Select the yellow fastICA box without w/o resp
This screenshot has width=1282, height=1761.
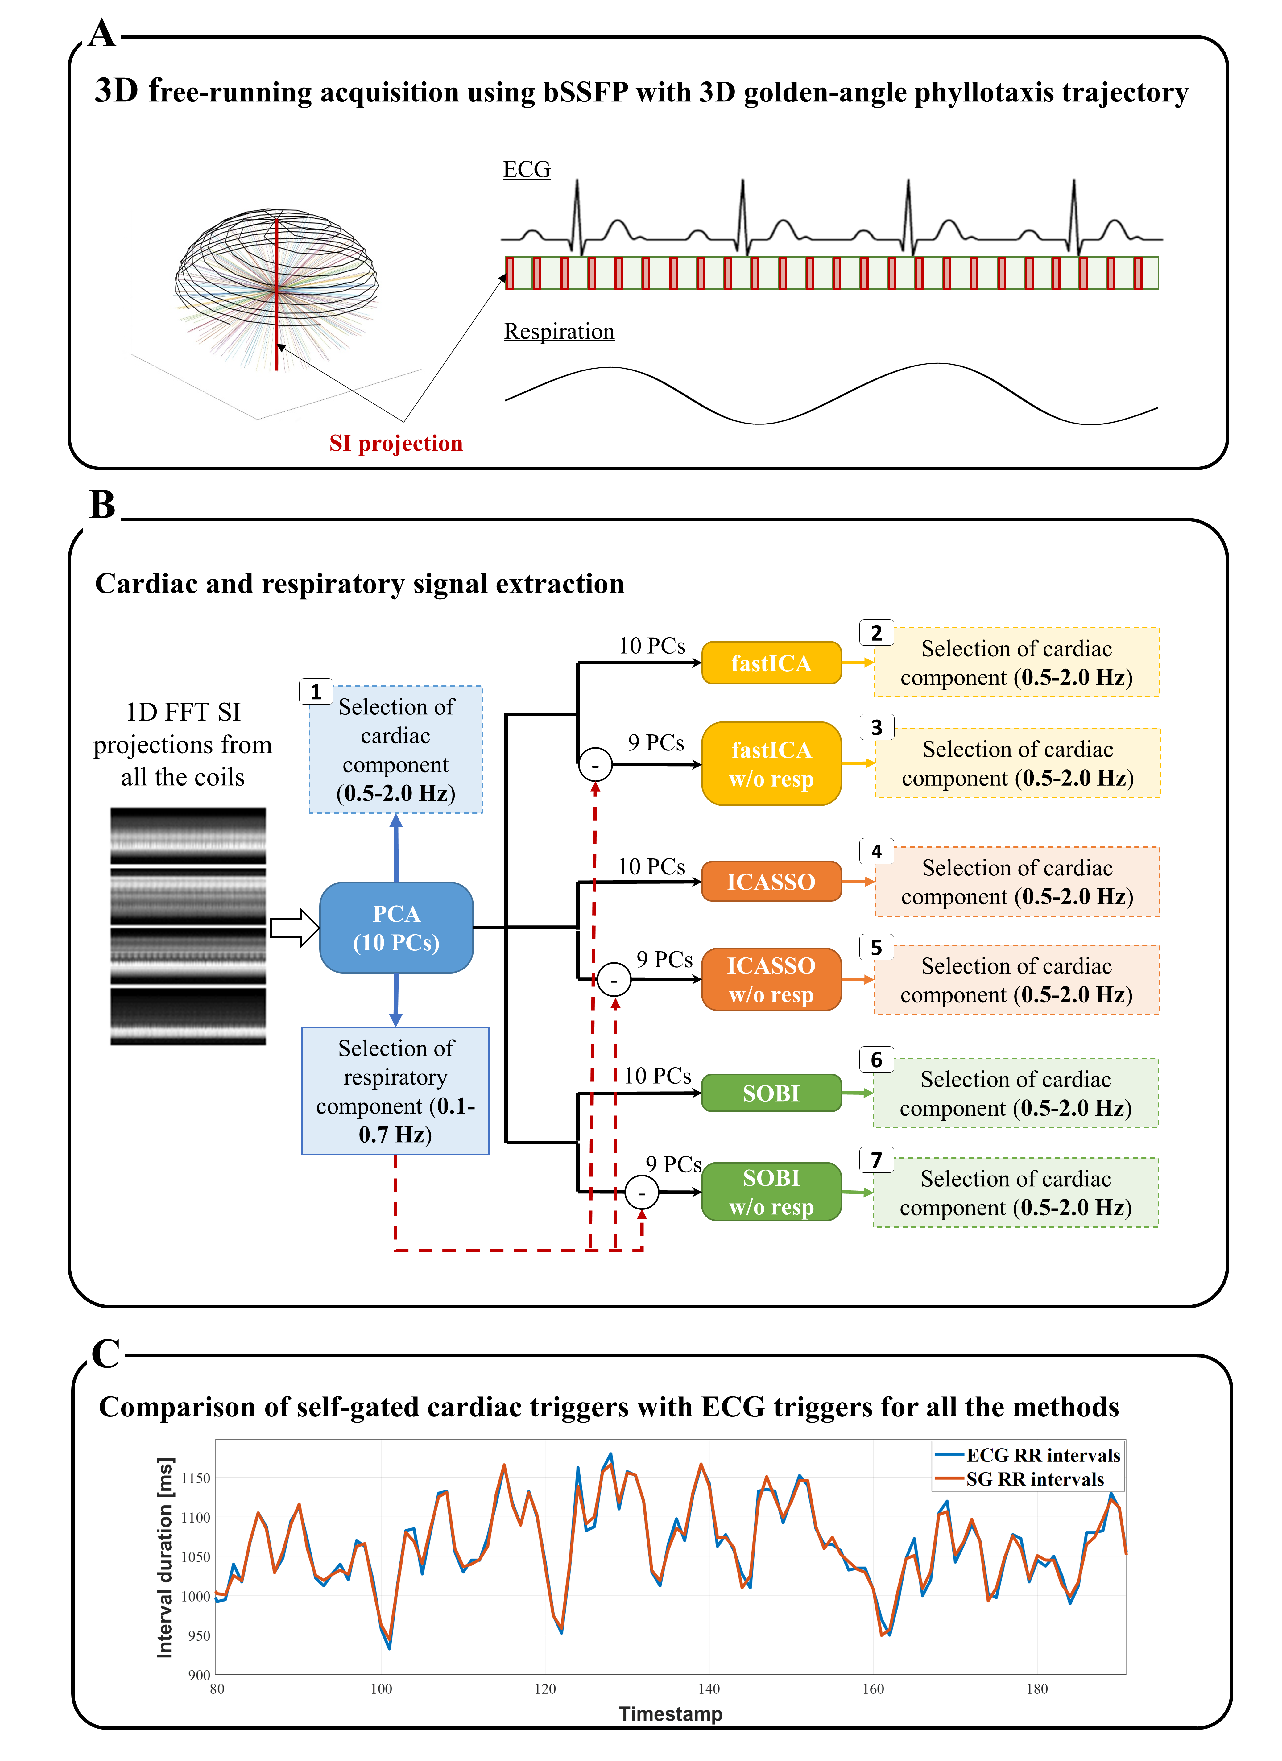point(771,663)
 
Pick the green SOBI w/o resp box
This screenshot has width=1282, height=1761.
point(771,1192)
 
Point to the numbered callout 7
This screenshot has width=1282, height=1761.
point(877,1160)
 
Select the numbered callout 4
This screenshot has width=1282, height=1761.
point(877,852)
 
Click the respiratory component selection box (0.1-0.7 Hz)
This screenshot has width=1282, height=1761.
point(395,1091)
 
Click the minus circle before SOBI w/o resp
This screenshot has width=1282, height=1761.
point(641,1193)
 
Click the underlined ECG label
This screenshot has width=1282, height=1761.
point(527,169)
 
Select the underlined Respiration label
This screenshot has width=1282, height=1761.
point(559,332)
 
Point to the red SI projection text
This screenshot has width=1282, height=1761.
point(396,443)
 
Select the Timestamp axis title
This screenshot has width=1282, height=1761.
point(670,1713)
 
